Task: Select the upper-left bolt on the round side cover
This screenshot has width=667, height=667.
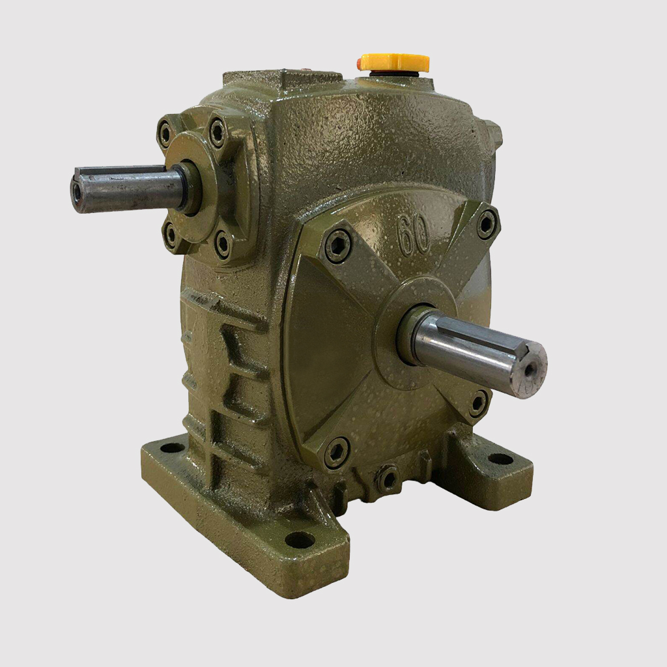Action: click(338, 246)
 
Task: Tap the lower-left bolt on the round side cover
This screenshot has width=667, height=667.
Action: click(337, 451)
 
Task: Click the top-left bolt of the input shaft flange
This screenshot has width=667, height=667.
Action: click(165, 128)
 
